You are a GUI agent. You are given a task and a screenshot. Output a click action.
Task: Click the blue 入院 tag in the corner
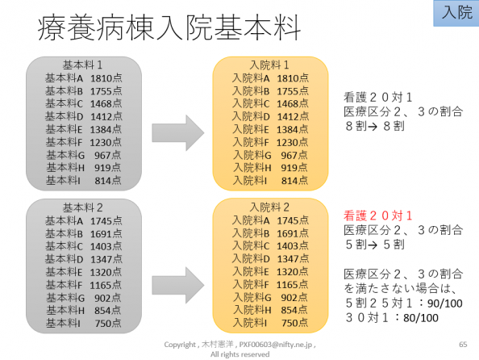(x=456, y=13)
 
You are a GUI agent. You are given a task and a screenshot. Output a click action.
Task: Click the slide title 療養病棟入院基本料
(x=169, y=27)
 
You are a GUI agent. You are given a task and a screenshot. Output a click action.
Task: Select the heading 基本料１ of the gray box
(x=82, y=65)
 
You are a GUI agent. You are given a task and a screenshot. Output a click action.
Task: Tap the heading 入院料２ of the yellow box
(x=269, y=207)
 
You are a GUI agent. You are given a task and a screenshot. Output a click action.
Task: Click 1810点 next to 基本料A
(x=106, y=78)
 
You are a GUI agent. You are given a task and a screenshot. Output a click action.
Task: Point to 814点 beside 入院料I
(x=294, y=181)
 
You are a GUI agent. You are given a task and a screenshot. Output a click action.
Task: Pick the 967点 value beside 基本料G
(x=107, y=155)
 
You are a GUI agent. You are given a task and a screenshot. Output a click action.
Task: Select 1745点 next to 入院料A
(x=293, y=220)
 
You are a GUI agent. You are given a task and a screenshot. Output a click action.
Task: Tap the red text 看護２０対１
(x=378, y=216)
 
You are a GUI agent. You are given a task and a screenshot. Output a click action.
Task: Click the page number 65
(x=463, y=345)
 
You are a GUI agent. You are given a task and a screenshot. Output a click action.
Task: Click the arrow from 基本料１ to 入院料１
(x=178, y=132)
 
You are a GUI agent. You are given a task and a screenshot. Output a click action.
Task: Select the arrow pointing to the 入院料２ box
(x=178, y=285)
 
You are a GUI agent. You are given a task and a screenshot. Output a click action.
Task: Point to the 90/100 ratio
(x=445, y=303)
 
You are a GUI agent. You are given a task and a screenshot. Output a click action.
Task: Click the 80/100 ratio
(x=421, y=318)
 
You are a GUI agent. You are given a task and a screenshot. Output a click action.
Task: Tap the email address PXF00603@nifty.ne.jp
(x=276, y=345)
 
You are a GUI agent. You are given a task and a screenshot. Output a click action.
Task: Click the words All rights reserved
(x=240, y=354)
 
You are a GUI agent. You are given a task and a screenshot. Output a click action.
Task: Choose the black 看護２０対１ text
(x=378, y=97)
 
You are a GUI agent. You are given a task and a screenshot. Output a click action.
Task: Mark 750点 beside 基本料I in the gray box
(x=108, y=324)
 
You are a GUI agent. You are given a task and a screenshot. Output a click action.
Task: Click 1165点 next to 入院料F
(x=292, y=284)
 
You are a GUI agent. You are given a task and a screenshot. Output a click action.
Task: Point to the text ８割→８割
(x=375, y=126)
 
